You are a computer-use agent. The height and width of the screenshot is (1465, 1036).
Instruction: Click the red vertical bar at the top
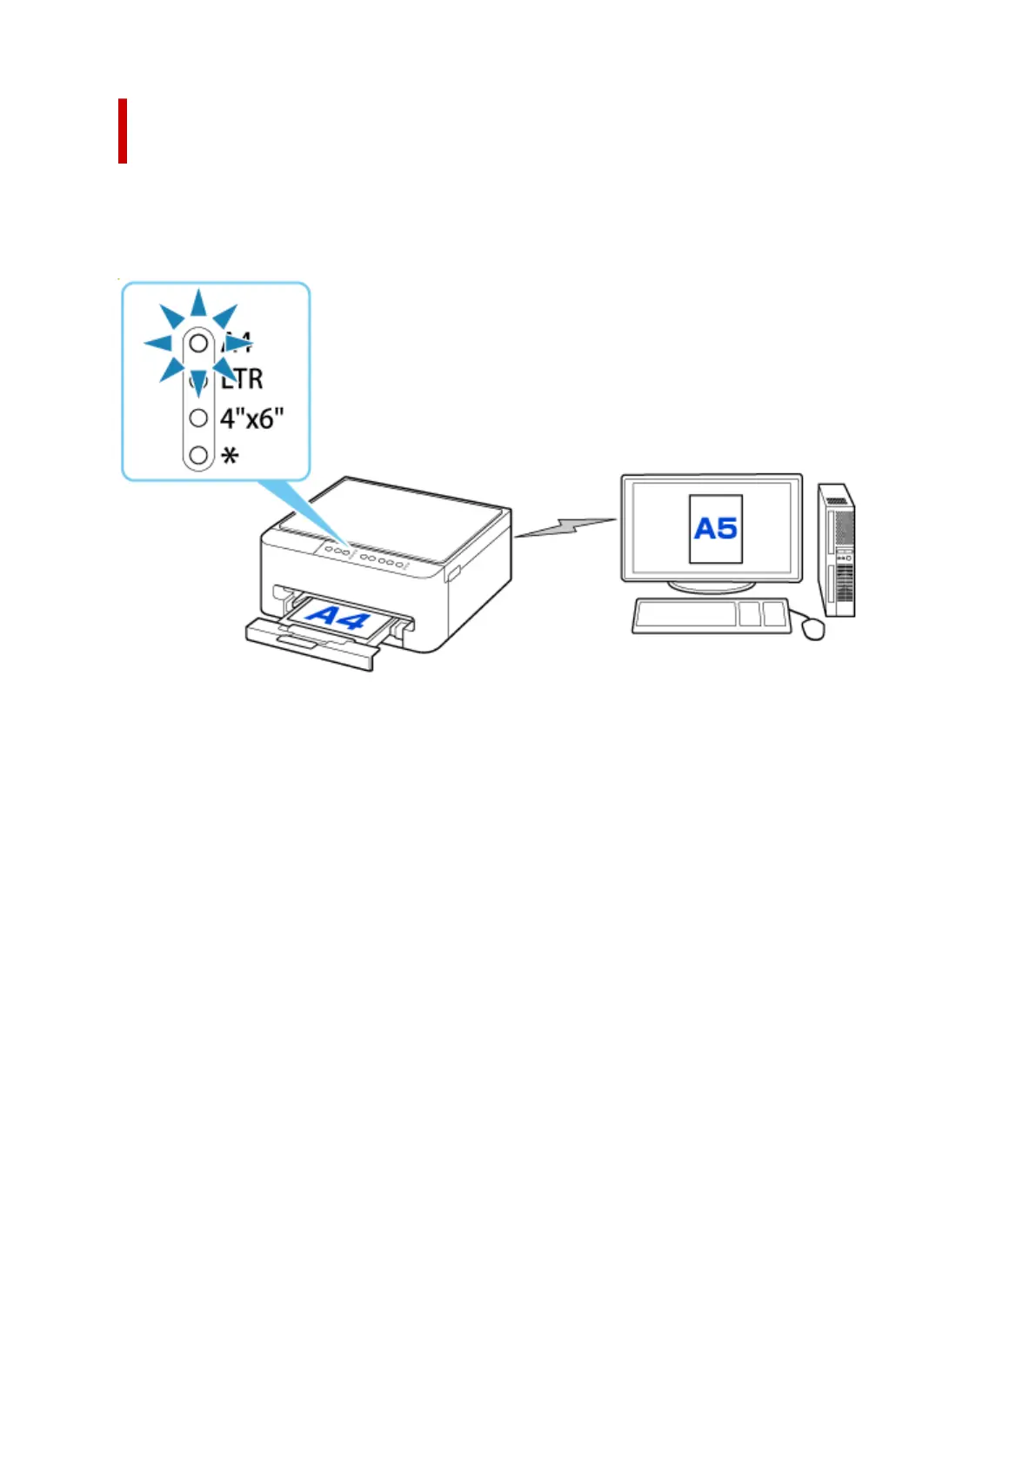coord(123,130)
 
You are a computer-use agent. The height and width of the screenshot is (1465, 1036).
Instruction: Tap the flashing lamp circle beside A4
coord(198,343)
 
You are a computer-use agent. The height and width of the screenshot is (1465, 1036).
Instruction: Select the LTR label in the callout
coord(243,379)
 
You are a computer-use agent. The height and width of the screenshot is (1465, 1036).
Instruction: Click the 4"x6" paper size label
coord(251,418)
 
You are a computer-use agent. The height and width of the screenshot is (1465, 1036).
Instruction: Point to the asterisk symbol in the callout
coord(230,456)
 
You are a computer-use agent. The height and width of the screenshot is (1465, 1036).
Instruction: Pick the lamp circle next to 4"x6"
coord(198,418)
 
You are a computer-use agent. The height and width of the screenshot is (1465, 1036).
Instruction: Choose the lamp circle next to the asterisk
coord(198,454)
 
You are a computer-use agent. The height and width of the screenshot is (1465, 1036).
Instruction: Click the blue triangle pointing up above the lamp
coord(199,304)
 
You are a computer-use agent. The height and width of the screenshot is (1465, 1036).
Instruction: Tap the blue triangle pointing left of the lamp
coord(158,343)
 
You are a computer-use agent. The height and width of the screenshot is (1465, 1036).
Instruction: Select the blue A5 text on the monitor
coord(715,528)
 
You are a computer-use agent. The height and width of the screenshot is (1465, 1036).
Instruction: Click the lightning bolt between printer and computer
coord(565,527)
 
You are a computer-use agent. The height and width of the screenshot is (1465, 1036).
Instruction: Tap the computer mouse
coord(813,627)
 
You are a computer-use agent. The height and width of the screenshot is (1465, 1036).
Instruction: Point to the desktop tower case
coord(837,550)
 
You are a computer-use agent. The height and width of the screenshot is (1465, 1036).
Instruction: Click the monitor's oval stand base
coord(711,586)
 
